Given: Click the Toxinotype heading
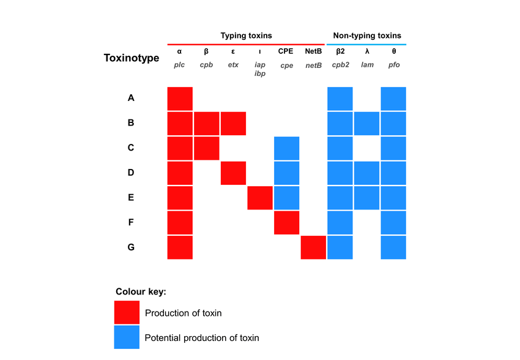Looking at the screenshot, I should click(x=132, y=58).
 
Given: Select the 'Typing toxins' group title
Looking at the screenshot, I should click(x=246, y=36).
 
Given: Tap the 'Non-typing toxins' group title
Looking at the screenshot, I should click(x=366, y=36).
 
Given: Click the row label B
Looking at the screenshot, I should click(x=131, y=123).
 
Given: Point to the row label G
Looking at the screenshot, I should click(x=131, y=247).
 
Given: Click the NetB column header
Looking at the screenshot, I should click(x=313, y=51).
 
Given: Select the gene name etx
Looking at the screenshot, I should click(x=233, y=64).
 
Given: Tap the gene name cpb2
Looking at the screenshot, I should click(x=340, y=64).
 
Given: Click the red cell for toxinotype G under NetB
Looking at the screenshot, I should click(x=313, y=247).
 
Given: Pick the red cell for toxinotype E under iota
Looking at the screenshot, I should click(x=260, y=198).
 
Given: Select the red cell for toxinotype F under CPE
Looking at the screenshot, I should click(x=286, y=223).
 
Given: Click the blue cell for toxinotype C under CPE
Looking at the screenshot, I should click(x=286, y=148).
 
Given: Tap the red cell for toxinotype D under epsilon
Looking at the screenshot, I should click(x=233, y=173).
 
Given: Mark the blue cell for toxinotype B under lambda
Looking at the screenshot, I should click(x=367, y=123).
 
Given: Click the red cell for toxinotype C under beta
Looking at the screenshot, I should click(x=207, y=148).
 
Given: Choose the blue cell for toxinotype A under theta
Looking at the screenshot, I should click(x=393, y=99).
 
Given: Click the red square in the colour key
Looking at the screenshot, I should click(x=127, y=312).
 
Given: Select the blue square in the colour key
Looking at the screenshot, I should click(x=127, y=337).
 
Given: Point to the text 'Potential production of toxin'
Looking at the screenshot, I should click(x=202, y=337).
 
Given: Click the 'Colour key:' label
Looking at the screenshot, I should click(x=141, y=291).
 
